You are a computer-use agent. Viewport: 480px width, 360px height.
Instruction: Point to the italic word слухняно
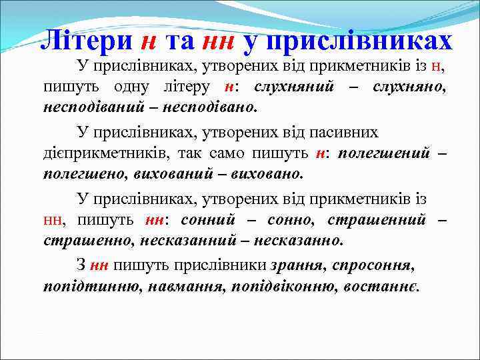409,87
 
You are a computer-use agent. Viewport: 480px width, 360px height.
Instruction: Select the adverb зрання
297,265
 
